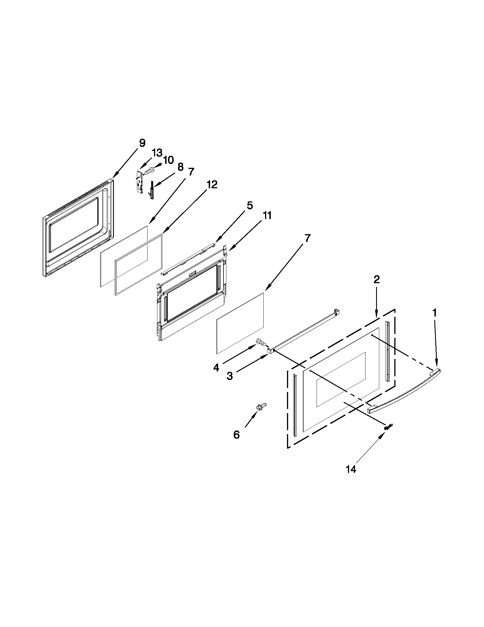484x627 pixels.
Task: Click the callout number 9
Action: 142,143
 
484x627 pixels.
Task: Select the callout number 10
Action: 169,160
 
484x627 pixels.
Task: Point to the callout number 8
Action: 180,167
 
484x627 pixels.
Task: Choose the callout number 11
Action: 267,215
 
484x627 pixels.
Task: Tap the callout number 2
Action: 376,279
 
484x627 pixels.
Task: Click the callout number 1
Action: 435,313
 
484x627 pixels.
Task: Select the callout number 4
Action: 216,368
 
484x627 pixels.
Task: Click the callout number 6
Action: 236,435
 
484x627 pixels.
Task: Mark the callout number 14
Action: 351,469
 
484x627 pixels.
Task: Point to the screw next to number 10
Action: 149,171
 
